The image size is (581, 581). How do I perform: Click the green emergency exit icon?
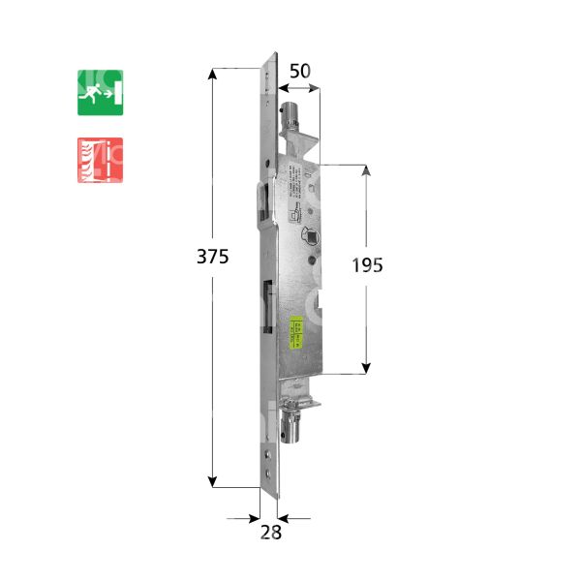pyautogui.click(x=100, y=92)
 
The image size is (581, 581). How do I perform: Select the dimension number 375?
pyautogui.click(x=212, y=258)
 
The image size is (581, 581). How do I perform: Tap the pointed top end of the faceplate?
pyautogui.click(x=275, y=55)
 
